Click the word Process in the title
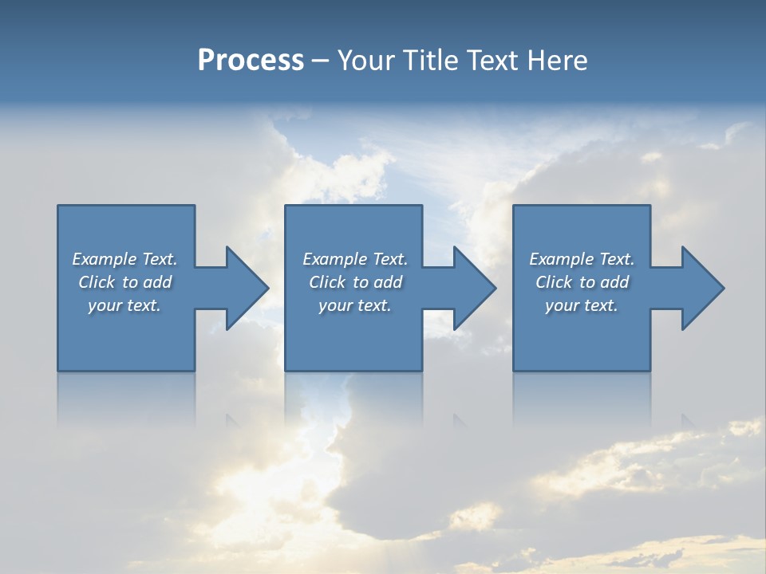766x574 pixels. click(251, 61)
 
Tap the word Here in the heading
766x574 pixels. click(558, 61)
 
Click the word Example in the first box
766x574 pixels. click(104, 259)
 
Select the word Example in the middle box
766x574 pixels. click(334, 259)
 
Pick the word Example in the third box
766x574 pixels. click(561, 259)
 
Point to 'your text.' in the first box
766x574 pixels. click(124, 305)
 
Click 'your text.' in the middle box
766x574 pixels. click(354, 305)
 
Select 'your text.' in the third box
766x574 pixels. click(581, 305)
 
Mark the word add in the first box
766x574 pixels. click(158, 282)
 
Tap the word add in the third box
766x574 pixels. click(615, 282)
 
